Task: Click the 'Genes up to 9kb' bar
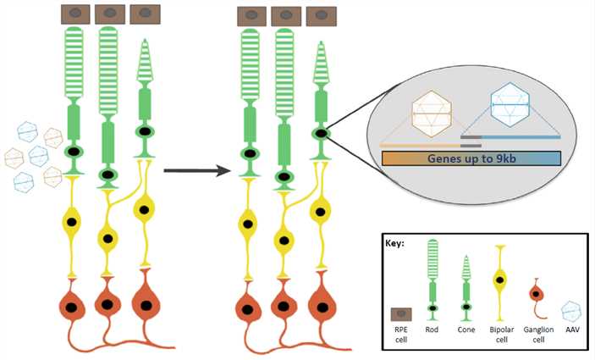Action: (x=471, y=158)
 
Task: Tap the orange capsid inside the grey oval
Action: (x=428, y=112)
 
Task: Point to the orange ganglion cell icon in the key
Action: (x=536, y=294)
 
